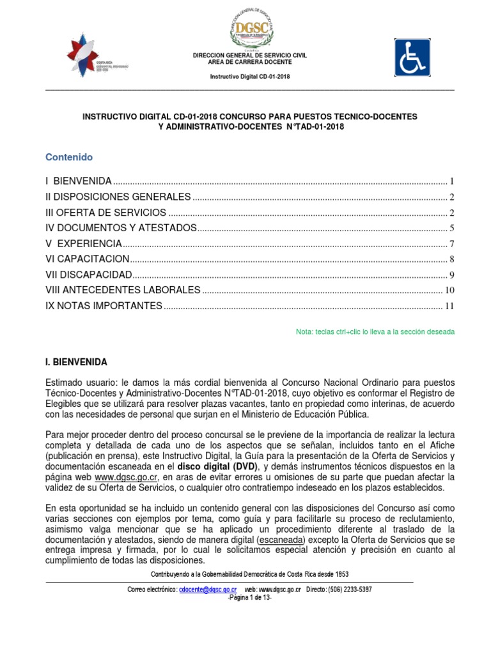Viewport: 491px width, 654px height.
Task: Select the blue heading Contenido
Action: (69, 157)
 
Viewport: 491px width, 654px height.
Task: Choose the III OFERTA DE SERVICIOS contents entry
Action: (106, 212)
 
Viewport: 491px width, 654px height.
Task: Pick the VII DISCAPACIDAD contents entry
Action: (89, 275)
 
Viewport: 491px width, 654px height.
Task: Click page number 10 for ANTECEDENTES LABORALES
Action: (449, 291)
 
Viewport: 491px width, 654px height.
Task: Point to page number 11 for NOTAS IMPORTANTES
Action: (449, 306)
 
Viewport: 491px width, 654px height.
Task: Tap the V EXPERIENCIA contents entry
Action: (83, 243)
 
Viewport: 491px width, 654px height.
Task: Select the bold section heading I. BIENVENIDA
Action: (76, 362)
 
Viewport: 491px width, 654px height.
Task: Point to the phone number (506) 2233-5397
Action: (348, 589)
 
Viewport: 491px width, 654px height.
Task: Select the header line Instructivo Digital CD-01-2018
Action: (250, 78)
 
